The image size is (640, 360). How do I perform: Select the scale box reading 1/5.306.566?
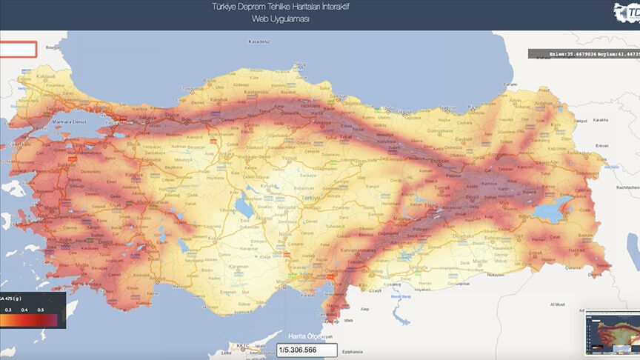(x=307, y=350)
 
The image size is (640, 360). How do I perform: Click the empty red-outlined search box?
(x=18, y=50)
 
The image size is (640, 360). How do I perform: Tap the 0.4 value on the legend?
(x=24, y=309)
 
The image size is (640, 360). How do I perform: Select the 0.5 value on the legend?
(x=41, y=309)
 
